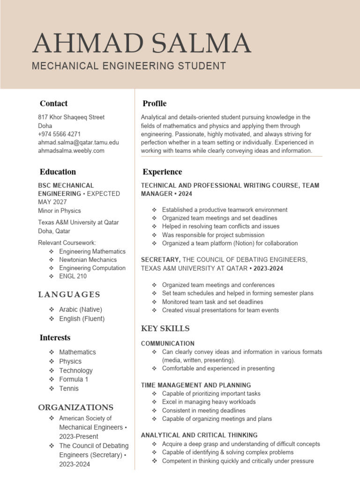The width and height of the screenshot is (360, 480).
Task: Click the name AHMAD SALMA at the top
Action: (142, 44)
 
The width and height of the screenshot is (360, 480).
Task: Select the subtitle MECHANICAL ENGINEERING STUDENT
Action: (128, 66)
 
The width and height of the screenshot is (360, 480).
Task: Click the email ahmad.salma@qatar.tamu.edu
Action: (78, 142)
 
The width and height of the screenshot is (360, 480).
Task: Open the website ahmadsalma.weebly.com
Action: (71, 150)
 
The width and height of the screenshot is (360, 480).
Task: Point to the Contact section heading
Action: (53, 104)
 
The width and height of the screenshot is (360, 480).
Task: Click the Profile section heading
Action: (154, 104)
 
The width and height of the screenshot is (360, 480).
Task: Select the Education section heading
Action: (58, 172)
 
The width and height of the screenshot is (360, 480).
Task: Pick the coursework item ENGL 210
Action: (73, 276)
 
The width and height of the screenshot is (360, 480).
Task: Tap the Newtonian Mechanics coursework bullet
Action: (88, 260)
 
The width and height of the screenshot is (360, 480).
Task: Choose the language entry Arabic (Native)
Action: (80, 309)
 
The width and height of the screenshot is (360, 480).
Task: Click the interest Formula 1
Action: (73, 379)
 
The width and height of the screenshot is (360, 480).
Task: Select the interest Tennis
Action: (69, 388)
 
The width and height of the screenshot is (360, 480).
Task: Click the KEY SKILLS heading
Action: (165, 328)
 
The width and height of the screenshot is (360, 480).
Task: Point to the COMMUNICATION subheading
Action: (167, 344)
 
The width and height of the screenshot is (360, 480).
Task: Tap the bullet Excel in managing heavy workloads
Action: (209, 402)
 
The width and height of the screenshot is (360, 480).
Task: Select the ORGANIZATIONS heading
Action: (75, 407)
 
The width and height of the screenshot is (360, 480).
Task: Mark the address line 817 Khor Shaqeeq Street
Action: (71, 117)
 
